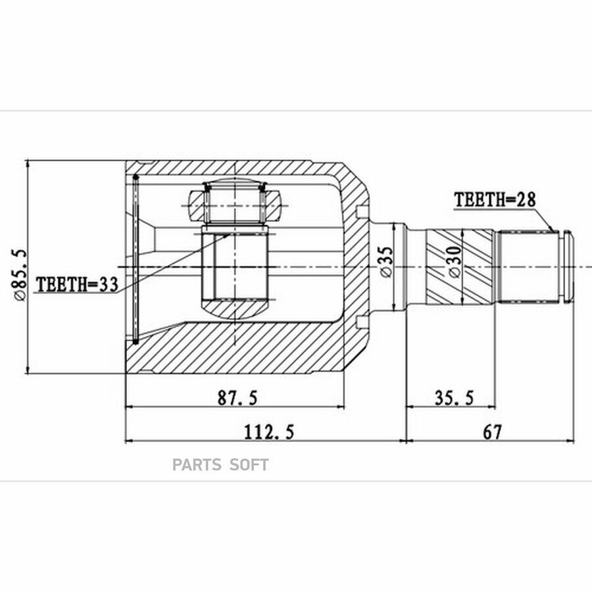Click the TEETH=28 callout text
(x=495, y=199)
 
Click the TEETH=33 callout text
(x=77, y=284)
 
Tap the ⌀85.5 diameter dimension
(x=20, y=274)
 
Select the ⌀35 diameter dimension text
(x=386, y=262)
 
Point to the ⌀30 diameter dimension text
(x=455, y=262)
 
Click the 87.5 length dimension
(x=238, y=397)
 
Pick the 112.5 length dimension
(x=269, y=432)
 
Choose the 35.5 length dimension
(x=454, y=397)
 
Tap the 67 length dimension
(x=493, y=432)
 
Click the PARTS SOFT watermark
(x=220, y=465)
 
